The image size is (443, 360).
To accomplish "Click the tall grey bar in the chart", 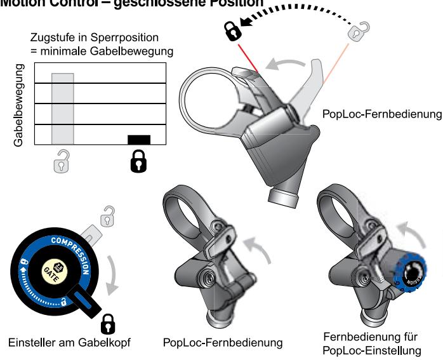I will (x=63, y=108).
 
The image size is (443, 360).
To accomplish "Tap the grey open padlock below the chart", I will (x=62, y=163).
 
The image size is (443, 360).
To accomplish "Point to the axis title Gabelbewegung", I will (x=18, y=105).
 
